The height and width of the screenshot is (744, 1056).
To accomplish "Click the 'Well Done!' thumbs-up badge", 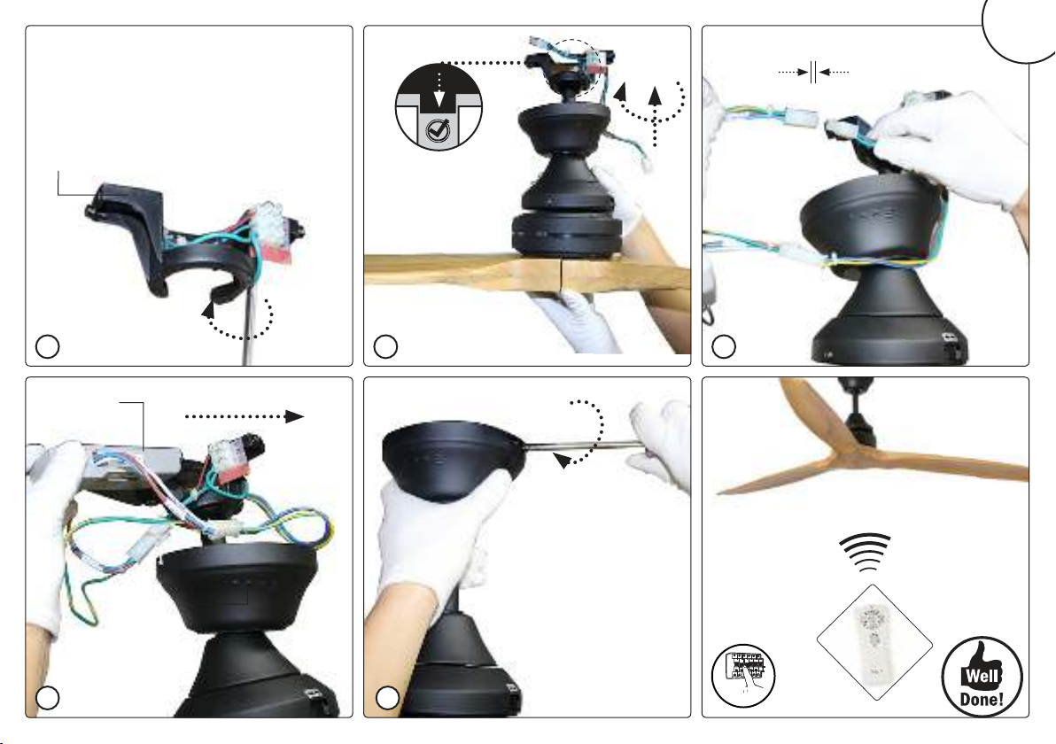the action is [982, 677].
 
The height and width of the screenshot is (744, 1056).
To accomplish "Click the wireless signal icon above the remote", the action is [866, 552].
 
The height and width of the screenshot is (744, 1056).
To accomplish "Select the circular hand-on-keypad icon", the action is [743, 676].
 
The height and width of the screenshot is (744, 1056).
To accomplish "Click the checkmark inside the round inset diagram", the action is [439, 128].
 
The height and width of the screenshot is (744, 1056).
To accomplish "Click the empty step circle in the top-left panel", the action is [47, 346].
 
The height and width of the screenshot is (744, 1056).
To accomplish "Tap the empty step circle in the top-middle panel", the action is [385, 346].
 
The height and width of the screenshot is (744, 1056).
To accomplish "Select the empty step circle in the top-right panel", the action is [724, 346].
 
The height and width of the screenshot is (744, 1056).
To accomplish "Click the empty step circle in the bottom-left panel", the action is [47, 698].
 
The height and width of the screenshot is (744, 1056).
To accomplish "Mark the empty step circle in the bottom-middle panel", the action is [387, 698].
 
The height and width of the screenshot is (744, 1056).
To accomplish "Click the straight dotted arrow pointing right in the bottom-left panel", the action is [245, 417].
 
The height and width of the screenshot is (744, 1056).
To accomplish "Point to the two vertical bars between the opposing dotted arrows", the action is [813, 72].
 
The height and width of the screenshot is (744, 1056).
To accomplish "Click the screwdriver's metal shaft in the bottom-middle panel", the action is [583, 444].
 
